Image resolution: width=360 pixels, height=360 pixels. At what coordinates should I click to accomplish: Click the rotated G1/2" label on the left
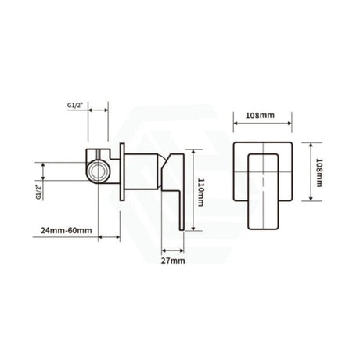39,191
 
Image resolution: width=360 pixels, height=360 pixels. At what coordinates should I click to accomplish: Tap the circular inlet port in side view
99,168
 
